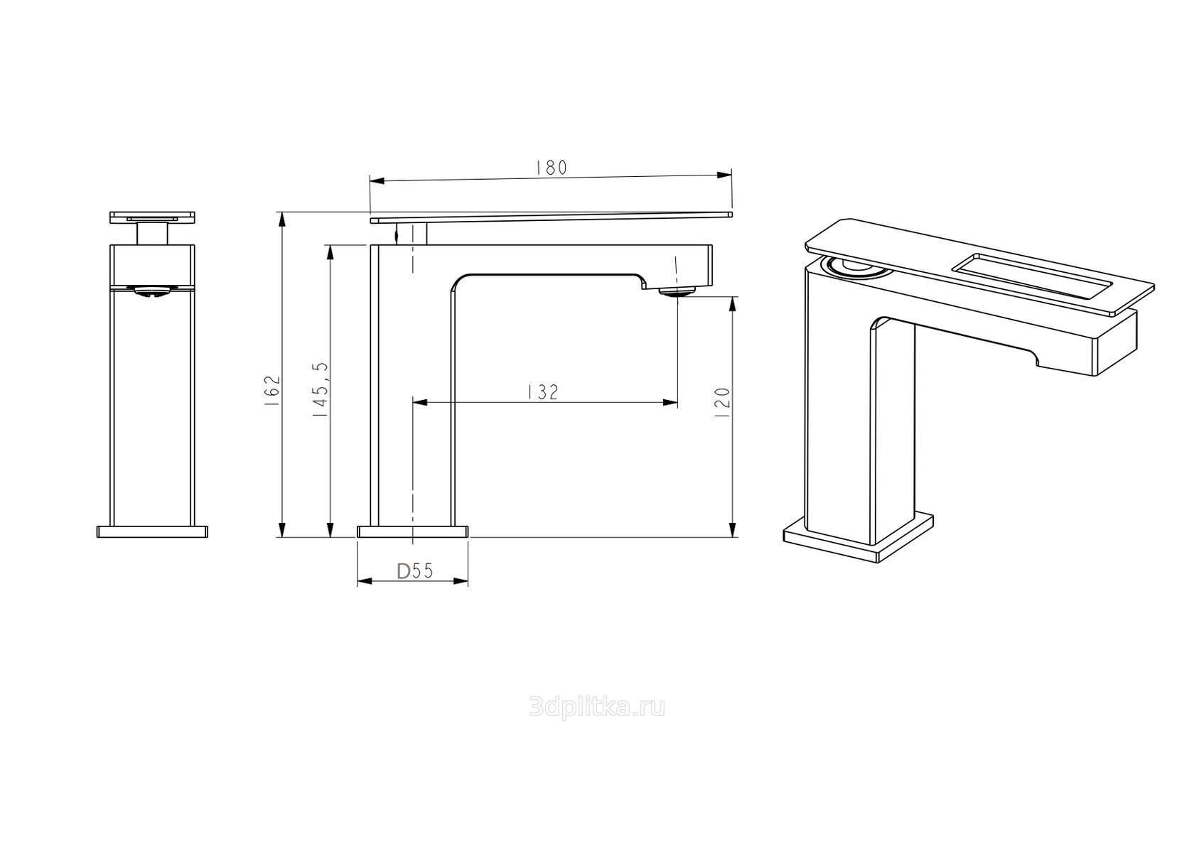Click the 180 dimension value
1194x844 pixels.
pos(552,168)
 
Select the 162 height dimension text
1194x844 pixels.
pos(271,391)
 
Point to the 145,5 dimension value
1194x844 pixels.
pos(321,389)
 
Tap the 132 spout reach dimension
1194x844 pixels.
pos(543,392)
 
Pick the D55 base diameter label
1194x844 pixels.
pos(415,571)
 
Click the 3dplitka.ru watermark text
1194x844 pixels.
pos(597,708)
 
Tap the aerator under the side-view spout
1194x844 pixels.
pos(677,291)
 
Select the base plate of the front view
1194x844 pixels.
pos(152,531)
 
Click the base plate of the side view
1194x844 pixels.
pos(412,531)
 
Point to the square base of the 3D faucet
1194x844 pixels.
pos(859,539)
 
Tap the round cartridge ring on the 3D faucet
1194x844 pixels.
pos(852,266)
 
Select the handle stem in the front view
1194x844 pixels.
pos(152,234)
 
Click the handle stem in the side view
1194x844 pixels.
pos(411,234)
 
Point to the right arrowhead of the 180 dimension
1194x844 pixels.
pos(724,174)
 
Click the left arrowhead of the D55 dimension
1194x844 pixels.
pos(365,581)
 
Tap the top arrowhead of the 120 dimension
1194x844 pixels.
pos(733,304)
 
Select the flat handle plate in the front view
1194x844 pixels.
pos(152,217)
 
